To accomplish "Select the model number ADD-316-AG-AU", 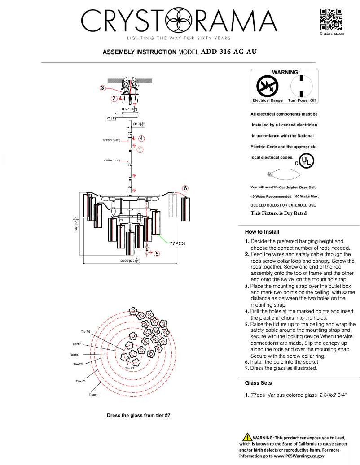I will pos(229,52).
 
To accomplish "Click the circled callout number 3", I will pos(103,88).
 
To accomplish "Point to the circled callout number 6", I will pos(185,188).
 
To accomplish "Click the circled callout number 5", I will pos(157,254).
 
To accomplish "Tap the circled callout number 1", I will pos(140,149).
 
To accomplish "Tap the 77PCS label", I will pos(177,243).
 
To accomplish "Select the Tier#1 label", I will pos(93,395).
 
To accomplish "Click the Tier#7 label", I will pos(130,368).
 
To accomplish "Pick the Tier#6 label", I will pos(86,331).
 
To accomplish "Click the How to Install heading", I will pos(262,232).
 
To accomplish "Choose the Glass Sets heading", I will pos(258,383).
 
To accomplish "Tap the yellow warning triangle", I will pos(247,437).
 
